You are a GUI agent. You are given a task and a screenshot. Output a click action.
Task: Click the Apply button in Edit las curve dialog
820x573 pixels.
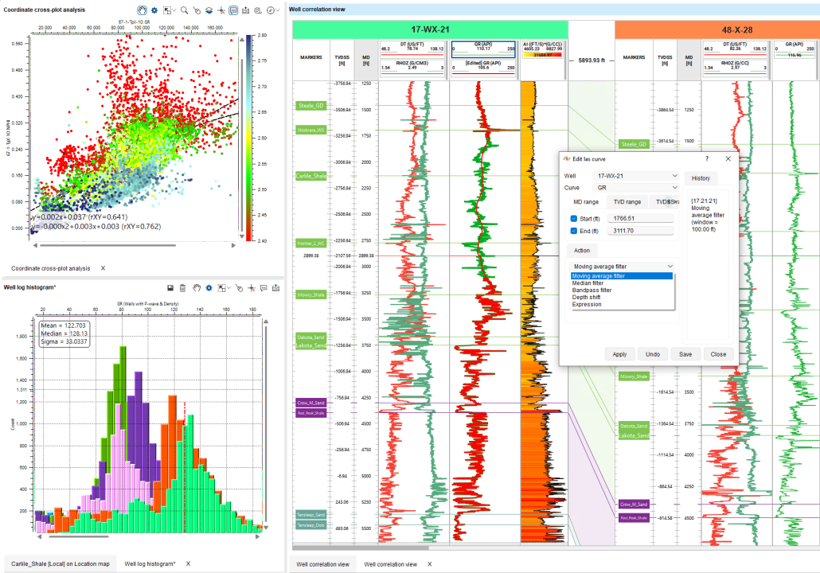click(x=619, y=354)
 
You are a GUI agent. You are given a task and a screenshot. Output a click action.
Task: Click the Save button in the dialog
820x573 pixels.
click(x=685, y=354)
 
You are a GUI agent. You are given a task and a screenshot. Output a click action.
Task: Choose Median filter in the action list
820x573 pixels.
click(x=588, y=283)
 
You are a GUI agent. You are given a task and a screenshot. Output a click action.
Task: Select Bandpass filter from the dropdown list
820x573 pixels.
click(x=592, y=290)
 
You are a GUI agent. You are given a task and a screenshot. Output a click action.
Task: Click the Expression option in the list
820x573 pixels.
click(x=586, y=304)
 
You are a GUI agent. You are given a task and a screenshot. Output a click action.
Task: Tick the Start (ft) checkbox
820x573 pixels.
click(x=574, y=218)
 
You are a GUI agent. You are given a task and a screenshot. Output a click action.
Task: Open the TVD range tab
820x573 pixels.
click(x=627, y=202)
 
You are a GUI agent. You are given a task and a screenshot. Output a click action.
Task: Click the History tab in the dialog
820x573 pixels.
click(x=701, y=178)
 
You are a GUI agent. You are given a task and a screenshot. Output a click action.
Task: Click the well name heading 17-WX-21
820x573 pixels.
click(x=431, y=29)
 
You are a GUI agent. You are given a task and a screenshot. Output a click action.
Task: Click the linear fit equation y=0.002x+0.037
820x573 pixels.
click(x=79, y=216)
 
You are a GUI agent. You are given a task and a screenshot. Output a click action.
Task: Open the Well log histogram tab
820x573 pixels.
click(x=150, y=563)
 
